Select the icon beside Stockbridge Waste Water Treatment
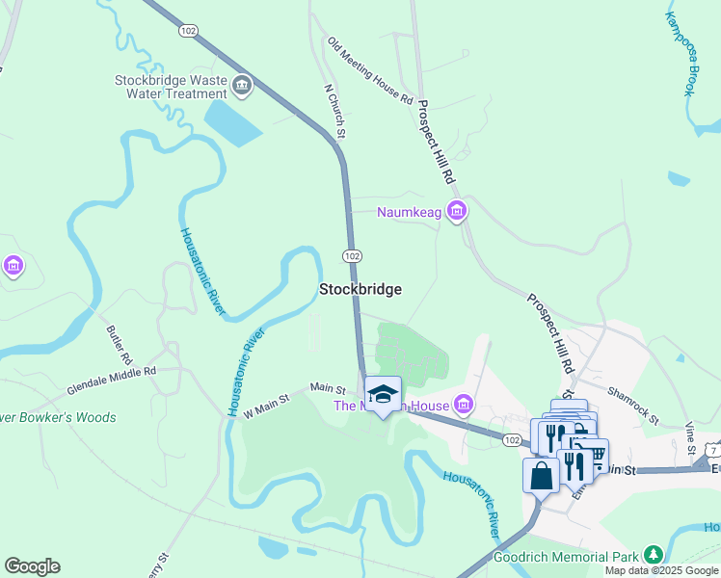pyautogui.click(x=241, y=88)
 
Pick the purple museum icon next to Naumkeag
pyautogui.click(x=457, y=211)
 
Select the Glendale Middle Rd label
pyautogui.click(x=111, y=381)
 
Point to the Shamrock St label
pyautogui.click(x=632, y=406)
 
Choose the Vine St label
pyautogui.click(x=690, y=438)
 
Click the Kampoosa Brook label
pyautogui.click(x=681, y=53)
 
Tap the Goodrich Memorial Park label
pyautogui.click(x=565, y=557)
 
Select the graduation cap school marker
pyautogui.click(x=383, y=394)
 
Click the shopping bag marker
pyautogui.click(x=541, y=474)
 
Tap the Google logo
pyautogui.click(x=32, y=566)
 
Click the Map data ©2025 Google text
pyautogui.click(x=661, y=570)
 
